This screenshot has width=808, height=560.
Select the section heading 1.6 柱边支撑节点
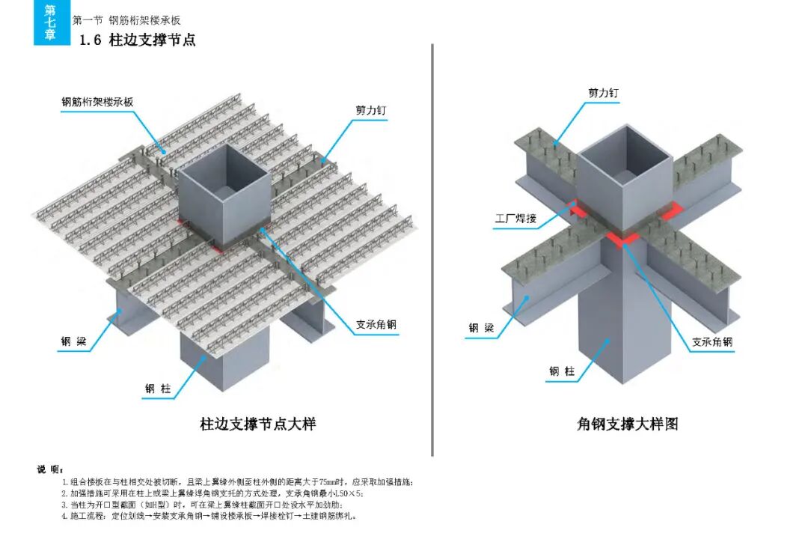coord(138,40)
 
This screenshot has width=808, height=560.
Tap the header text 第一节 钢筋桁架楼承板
coord(126,20)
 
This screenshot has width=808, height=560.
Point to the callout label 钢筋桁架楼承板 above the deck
coord(97,102)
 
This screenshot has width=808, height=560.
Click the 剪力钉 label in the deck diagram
coord(371,110)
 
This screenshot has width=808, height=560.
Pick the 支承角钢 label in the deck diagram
coord(376,326)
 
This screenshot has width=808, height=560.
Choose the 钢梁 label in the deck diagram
coord(73,343)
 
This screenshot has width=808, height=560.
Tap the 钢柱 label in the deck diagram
coord(159,389)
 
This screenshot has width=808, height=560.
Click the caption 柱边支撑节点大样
coord(258,424)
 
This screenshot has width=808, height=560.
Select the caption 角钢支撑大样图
coord(628,424)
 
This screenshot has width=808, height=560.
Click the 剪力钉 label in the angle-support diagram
coord(603,93)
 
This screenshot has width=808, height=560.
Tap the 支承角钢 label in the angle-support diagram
coord(712,342)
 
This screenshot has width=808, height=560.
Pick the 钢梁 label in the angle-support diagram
coord(482,328)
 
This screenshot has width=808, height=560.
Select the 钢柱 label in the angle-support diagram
coord(562,371)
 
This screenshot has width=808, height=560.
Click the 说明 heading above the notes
coord(51,469)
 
